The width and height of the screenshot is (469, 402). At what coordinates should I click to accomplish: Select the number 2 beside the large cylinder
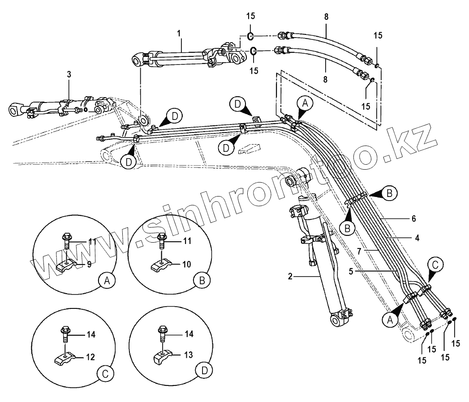click(290, 277)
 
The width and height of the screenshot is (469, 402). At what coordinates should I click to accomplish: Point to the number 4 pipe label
click(417, 239)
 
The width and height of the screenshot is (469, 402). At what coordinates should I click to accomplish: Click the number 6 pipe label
click(413, 219)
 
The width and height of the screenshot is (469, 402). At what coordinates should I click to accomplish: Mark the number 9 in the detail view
click(89, 264)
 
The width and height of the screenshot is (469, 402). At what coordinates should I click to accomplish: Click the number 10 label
click(186, 264)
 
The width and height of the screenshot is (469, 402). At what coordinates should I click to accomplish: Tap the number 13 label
click(188, 355)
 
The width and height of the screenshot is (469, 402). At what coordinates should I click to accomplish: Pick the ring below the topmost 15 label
click(250, 35)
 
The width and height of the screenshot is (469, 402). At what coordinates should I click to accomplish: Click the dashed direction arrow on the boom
click(249, 149)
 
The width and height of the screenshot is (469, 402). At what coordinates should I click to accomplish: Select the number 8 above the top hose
click(326, 17)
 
